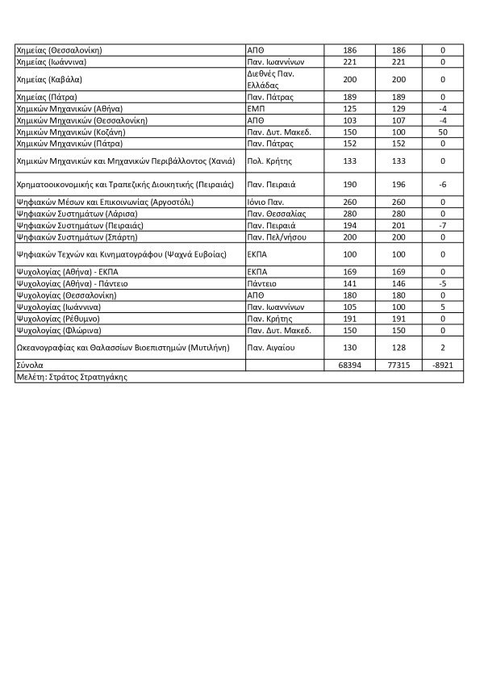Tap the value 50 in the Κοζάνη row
click(x=443, y=132)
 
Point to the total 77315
click(x=395, y=365)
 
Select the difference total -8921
click(x=443, y=365)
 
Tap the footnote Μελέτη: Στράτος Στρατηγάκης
click(x=72, y=377)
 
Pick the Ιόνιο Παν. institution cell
click(x=267, y=202)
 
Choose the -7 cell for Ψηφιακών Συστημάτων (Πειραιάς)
click(x=443, y=226)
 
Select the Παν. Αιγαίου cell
click(x=271, y=348)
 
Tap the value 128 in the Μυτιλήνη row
click(x=395, y=348)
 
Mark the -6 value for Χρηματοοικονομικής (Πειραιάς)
click(x=443, y=185)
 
